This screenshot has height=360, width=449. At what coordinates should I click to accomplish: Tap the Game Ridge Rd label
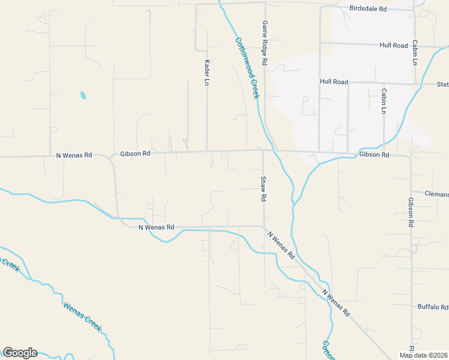(264, 42)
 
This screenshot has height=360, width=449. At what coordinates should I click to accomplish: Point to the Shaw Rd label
(263, 188)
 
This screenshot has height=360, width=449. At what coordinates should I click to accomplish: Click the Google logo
(20, 353)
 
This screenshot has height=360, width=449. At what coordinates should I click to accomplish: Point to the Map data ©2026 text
(424, 355)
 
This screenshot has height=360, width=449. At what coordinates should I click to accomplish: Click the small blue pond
(82, 95)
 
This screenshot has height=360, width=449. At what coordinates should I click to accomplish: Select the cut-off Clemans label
(436, 194)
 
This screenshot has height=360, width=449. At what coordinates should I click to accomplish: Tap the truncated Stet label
(442, 85)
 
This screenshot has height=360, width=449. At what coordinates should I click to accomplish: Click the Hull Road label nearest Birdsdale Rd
(393, 46)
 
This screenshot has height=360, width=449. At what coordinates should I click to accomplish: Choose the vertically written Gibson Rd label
(411, 212)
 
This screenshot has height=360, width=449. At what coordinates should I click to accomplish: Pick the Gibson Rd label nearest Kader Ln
(134, 154)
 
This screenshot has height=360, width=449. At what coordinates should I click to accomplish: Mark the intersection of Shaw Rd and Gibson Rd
(264, 151)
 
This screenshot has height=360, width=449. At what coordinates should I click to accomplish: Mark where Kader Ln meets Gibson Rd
(207, 151)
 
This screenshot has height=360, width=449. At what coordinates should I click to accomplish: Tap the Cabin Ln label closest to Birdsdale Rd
(414, 53)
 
